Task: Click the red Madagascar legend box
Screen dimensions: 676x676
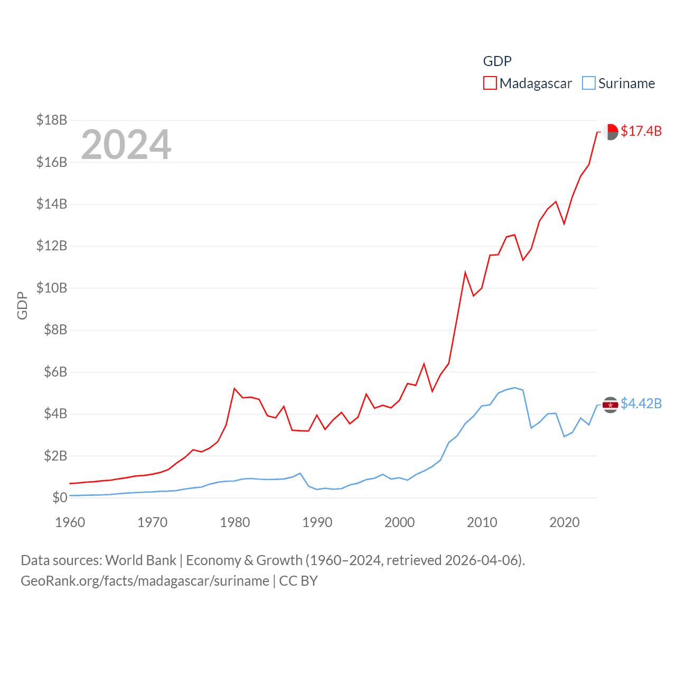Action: click(x=490, y=83)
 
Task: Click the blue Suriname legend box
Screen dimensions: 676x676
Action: click(x=588, y=83)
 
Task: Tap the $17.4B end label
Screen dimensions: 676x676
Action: click(x=641, y=131)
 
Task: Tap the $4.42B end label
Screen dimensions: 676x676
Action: click(x=641, y=403)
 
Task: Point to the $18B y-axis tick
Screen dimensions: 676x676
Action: click(x=52, y=120)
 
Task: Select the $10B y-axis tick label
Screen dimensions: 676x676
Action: click(x=52, y=288)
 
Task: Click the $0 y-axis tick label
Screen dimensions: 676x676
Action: click(x=60, y=497)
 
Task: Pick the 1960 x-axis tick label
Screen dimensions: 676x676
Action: click(x=70, y=522)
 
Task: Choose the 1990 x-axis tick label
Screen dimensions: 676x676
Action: click(x=317, y=522)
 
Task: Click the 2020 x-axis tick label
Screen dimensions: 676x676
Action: click(x=565, y=522)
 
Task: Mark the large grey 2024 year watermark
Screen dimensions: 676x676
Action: click(x=126, y=144)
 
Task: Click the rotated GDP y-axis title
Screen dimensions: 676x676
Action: click(x=22, y=305)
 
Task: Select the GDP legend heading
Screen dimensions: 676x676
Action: click(x=497, y=61)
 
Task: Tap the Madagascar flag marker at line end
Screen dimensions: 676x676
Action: click(x=611, y=132)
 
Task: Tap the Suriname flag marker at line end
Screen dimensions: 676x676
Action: click(x=611, y=405)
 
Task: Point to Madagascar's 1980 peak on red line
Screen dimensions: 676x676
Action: click(x=234, y=389)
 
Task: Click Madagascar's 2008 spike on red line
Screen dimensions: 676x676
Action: click(x=465, y=273)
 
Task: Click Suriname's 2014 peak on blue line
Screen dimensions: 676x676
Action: click(x=515, y=388)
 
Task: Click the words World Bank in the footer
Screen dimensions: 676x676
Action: click(x=141, y=560)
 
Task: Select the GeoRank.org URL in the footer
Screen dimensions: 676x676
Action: click(x=145, y=581)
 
